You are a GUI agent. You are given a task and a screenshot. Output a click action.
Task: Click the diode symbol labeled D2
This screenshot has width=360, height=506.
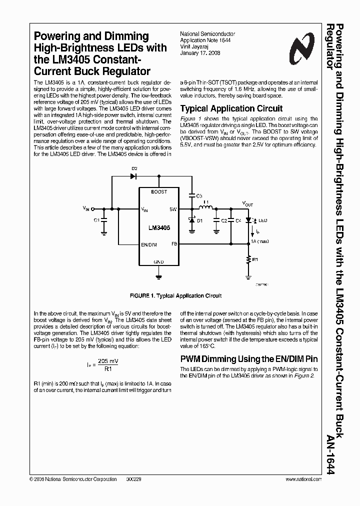134,175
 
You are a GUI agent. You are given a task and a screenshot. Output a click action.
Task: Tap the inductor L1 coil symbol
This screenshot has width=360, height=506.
205,208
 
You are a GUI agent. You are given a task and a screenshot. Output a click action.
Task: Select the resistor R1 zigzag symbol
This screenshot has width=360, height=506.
249,259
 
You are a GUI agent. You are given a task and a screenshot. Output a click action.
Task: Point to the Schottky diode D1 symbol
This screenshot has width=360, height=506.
191,220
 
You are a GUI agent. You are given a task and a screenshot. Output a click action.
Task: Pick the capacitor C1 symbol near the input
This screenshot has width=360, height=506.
104,219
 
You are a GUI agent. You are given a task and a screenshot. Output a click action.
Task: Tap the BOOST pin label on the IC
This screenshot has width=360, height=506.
158,192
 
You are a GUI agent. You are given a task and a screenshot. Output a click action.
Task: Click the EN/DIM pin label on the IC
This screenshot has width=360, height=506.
148,244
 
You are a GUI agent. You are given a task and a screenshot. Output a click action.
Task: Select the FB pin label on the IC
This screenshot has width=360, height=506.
174,244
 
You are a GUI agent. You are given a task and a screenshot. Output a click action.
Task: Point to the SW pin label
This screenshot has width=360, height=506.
173,209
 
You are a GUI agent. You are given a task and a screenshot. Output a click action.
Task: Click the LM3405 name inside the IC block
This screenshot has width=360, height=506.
159,227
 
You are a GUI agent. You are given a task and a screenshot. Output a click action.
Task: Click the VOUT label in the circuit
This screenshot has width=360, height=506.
247,204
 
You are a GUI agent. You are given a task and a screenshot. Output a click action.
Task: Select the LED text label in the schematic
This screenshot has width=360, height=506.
262,220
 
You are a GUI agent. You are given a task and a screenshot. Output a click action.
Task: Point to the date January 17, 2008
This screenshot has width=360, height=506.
199,52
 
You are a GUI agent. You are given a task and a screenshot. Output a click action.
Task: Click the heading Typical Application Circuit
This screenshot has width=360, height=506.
231,108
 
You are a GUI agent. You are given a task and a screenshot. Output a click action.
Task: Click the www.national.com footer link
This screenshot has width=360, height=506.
303,478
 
